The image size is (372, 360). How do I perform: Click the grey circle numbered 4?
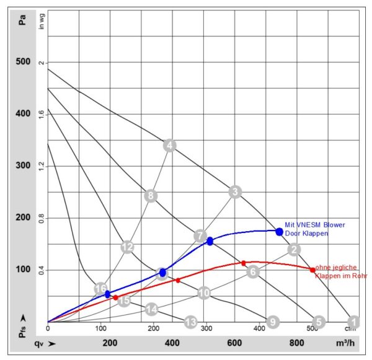pyautogui.click(x=169, y=146)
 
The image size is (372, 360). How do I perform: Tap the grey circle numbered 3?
pyautogui.click(x=234, y=191)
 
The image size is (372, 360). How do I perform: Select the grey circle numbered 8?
pyautogui.click(x=150, y=196)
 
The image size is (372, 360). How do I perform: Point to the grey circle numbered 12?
pyautogui.click(x=127, y=247)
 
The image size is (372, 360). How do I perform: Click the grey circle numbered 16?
pyautogui.click(x=100, y=289)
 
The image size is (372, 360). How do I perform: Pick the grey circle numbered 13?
pyautogui.click(x=190, y=322)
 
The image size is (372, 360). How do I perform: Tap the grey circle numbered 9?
pyautogui.click(x=272, y=322)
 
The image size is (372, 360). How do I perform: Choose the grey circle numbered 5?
pyautogui.click(x=319, y=322)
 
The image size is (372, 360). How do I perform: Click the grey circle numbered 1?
pyautogui.click(x=353, y=322)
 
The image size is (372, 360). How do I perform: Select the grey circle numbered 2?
pyautogui.click(x=294, y=250)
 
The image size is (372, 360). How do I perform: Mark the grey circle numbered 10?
pyautogui.click(x=204, y=293)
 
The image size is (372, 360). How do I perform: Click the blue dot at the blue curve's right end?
pyautogui.click(x=279, y=232)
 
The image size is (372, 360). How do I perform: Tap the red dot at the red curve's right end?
pyautogui.click(x=312, y=270)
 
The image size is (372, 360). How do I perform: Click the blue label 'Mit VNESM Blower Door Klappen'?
pyautogui.click(x=315, y=229)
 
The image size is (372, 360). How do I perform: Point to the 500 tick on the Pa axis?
pyautogui.click(x=22, y=63)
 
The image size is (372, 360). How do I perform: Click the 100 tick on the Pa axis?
pyautogui.click(x=22, y=270)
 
